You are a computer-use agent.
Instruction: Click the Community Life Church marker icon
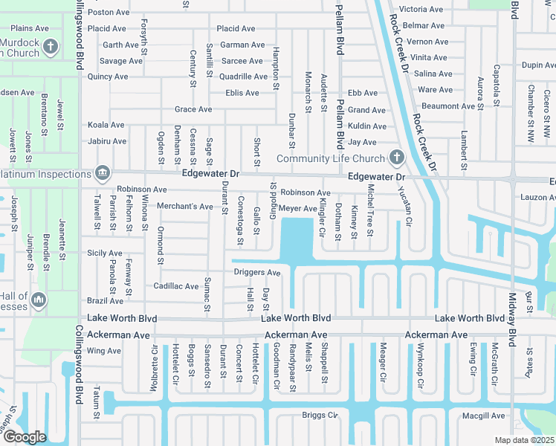coord(396,158)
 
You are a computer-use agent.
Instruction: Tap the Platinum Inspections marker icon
coord(103,174)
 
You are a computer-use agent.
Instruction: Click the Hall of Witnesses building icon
coord(39,300)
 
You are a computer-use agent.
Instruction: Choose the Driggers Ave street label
coord(256,272)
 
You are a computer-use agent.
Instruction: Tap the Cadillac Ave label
coord(175,286)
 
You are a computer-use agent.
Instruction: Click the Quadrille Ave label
coord(243,77)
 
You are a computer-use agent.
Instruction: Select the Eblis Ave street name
coord(242,93)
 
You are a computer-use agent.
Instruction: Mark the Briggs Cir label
coord(320,415)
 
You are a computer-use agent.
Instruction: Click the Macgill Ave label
coord(483,416)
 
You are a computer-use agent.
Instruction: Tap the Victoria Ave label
coord(421,10)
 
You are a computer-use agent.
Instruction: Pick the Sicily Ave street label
coord(104,253)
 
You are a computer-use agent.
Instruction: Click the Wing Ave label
coord(103,351)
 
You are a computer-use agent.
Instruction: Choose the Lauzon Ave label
coord(537,197)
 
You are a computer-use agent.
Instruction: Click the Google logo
coord(25,436)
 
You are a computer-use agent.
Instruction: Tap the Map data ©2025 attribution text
coord(523,440)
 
